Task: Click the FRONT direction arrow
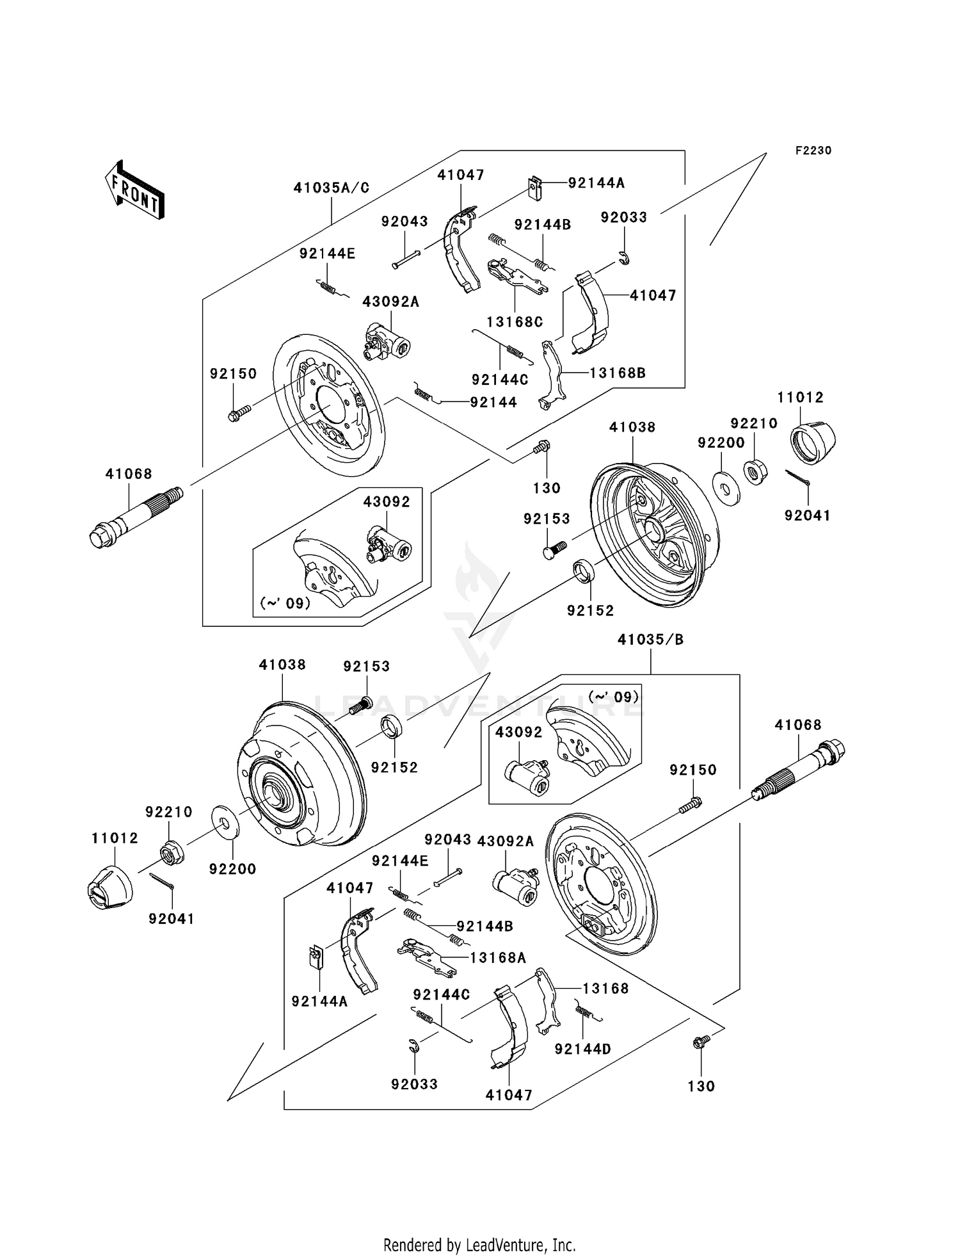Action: [135, 191]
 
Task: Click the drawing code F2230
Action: [813, 150]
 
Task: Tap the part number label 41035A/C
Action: [332, 188]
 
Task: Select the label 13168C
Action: [515, 322]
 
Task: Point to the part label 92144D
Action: [582, 1049]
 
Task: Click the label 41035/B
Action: [650, 640]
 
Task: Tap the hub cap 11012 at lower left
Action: [109, 887]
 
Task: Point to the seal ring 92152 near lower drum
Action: [393, 729]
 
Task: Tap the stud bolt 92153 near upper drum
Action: [555, 549]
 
